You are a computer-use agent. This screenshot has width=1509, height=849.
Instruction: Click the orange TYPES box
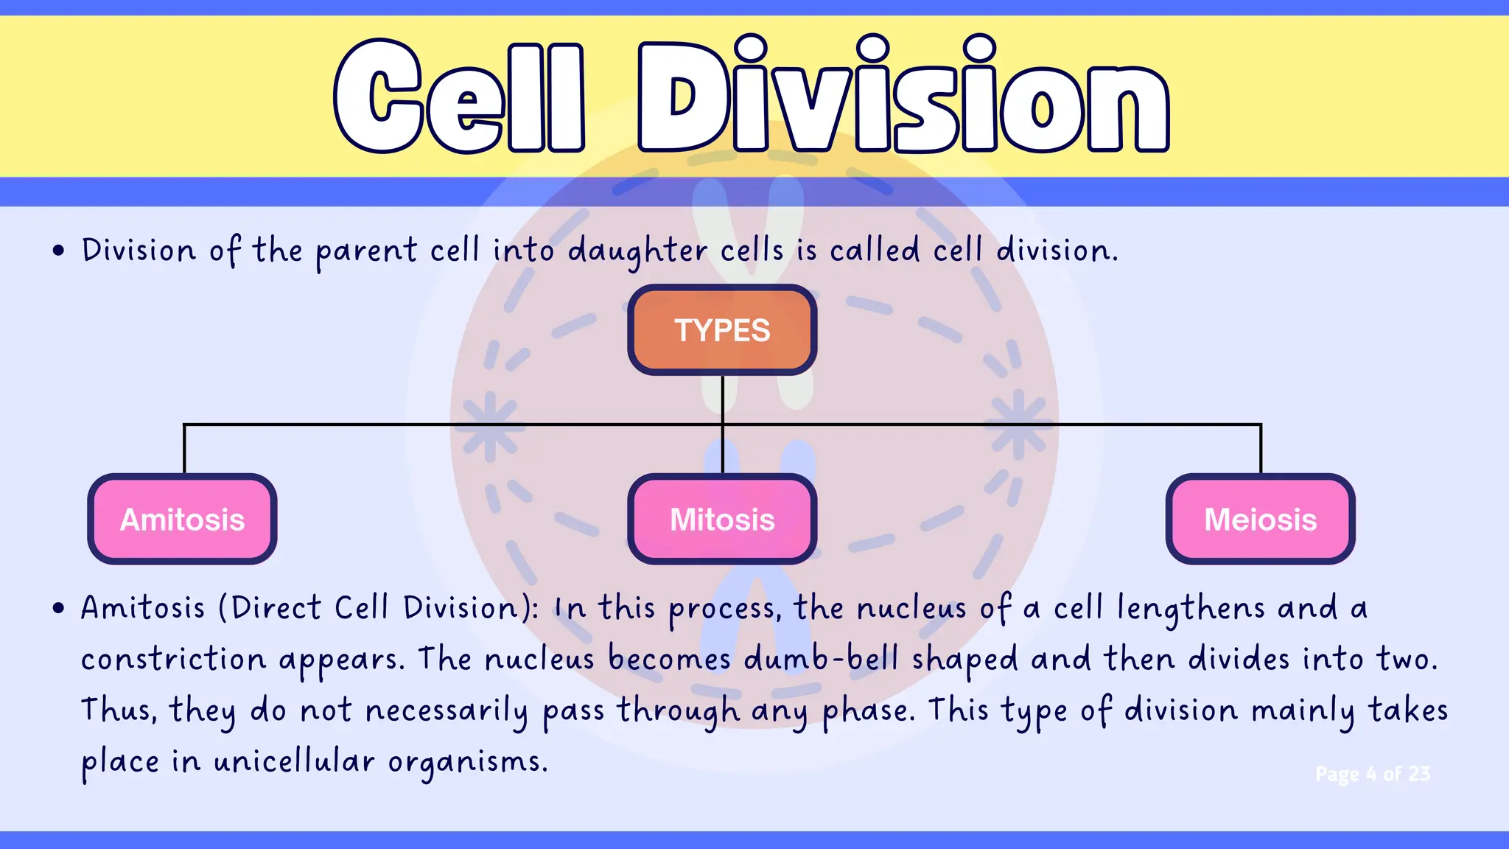click(x=722, y=330)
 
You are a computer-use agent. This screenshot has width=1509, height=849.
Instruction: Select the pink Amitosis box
click(x=182, y=520)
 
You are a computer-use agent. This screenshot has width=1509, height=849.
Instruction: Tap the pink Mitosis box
click(x=722, y=520)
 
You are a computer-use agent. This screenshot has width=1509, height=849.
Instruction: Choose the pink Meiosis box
click(x=1260, y=520)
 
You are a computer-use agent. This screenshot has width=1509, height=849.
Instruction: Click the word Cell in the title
click(x=458, y=96)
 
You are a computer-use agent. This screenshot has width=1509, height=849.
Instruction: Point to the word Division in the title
click(x=903, y=96)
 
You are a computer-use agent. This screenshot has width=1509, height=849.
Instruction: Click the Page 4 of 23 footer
click(x=1373, y=774)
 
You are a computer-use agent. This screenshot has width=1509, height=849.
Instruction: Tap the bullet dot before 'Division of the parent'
click(x=59, y=251)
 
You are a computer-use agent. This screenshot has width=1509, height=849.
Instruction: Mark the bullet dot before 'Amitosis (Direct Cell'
click(x=59, y=609)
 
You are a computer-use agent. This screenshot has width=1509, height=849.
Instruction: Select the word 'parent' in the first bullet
click(x=367, y=252)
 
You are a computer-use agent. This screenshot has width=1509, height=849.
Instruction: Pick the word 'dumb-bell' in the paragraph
click(x=821, y=659)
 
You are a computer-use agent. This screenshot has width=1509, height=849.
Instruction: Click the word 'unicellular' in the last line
click(x=294, y=761)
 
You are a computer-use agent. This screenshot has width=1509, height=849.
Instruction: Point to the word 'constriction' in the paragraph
click(x=173, y=659)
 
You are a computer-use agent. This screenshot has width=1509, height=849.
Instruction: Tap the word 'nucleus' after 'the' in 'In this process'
click(x=911, y=609)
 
